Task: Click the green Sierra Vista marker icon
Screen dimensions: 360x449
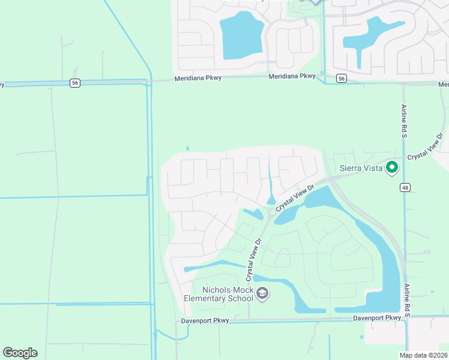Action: (x=392, y=167)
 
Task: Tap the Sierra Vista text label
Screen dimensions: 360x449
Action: (x=361, y=168)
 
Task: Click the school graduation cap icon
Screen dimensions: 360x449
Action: (x=262, y=293)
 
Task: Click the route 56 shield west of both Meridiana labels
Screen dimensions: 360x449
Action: (x=74, y=83)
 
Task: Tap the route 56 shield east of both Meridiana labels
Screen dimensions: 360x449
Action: (x=341, y=79)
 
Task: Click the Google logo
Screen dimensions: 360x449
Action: (x=20, y=353)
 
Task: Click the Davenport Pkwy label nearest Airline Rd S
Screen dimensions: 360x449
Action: (x=377, y=317)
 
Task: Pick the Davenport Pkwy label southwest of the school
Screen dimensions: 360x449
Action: (x=205, y=321)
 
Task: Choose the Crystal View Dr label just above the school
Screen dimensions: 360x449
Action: (x=254, y=260)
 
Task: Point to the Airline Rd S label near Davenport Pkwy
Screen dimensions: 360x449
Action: (x=407, y=300)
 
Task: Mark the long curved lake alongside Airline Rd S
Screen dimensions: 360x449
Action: (x=384, y=264)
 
